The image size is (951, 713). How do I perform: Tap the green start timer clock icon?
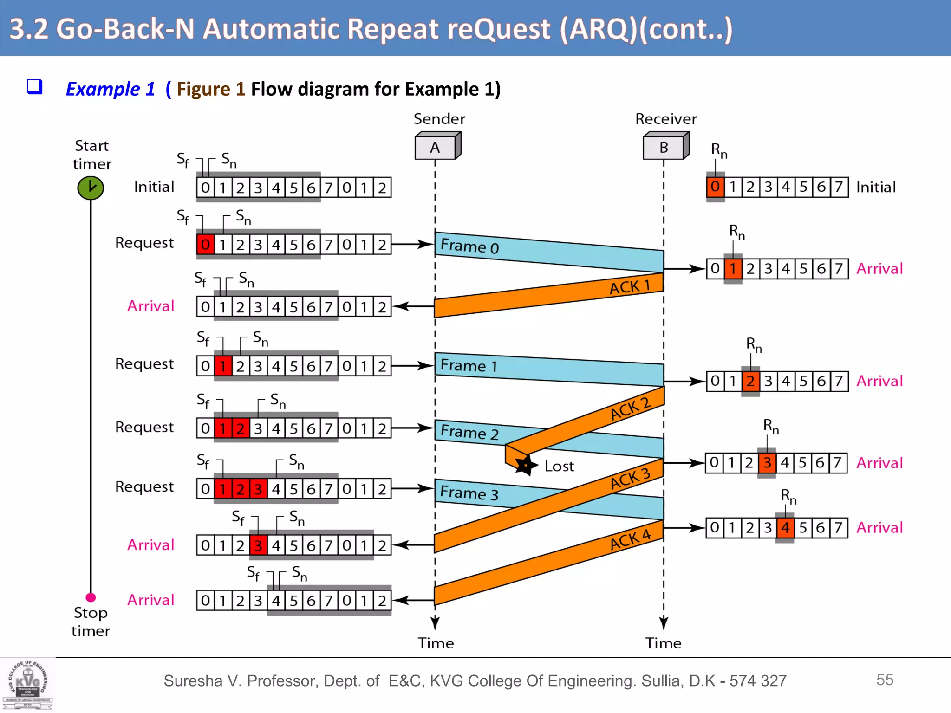pyautogui.click(x=91, y=188)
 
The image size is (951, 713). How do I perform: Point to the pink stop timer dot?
pyautogui.click(x=91, y=597)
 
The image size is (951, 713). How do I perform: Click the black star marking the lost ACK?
pyautogui.click(x=525, y=465)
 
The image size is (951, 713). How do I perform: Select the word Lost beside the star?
pyautogui.click(x=559, y=466)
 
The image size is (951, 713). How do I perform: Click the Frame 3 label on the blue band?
pyautogui.click(x=469, y=492)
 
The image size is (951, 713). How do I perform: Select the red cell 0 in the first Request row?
pyautogui.click(x=205, y=245)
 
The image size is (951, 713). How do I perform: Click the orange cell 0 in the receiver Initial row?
pyautogui.click(x=715, y=187)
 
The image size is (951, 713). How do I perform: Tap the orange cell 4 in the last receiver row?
pyautogui.click(x=785, y=528)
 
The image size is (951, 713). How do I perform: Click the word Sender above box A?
pyautogui.click(x=439, y=119)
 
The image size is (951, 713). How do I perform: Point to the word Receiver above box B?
pyautogui.click(x=666, y=119)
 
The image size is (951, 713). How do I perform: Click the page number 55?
pyautogui.click(x=885, y=680)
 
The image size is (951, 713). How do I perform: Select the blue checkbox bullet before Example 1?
pyautogui.click(x=35, y=87)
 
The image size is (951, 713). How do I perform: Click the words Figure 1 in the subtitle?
pyautogui.click(x=210, y=89)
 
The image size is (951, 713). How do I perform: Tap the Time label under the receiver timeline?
pyautogui.click(x=663, y=643)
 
